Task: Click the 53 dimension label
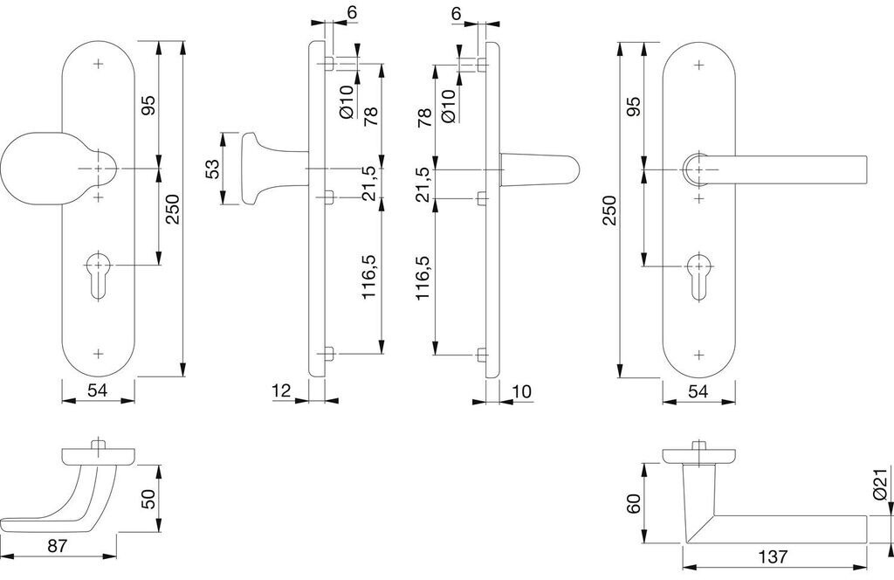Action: coord(211,169)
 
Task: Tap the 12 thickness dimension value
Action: coord(282,390)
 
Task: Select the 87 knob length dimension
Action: coord(57,546)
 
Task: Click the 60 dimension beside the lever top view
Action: coord(634,504)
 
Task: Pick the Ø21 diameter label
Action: coord(880,485)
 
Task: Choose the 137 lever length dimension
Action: coord(774,556)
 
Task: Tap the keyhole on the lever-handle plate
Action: coord(698,276)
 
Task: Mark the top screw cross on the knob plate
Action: coord(98,64)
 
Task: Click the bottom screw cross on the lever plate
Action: coord(698,354)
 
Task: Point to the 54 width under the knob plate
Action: coord(98,390)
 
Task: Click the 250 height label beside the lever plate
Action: coord(610,210)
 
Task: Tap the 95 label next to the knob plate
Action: coord(148,105)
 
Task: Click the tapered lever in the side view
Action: coord(539,169)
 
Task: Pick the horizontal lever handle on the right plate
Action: coord(775,169)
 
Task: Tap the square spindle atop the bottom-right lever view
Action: coord(698,445)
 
